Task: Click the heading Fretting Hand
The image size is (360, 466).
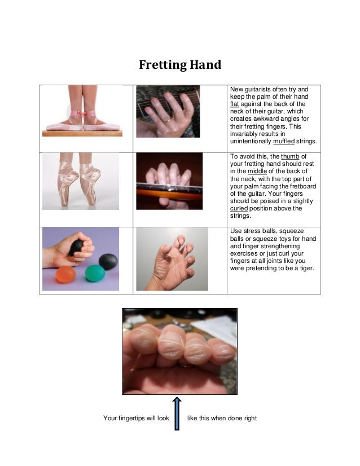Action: coord(180,65)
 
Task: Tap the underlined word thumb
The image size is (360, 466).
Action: coord(292,157)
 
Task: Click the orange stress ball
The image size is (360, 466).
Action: coord(66,275)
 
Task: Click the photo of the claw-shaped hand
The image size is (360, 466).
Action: coord(172,259)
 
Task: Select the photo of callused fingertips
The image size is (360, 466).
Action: coord(179,351)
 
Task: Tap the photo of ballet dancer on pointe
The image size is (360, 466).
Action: coord(81,181)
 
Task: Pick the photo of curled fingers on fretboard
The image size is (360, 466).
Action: coord(169,181)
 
